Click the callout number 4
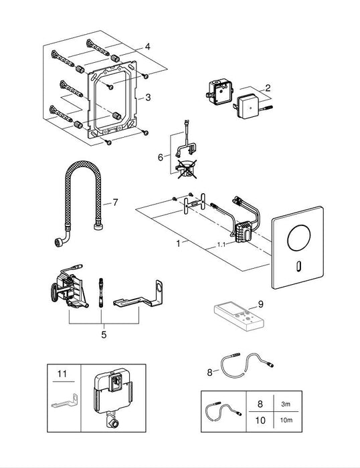pyautogui.click(x=147, y=46)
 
